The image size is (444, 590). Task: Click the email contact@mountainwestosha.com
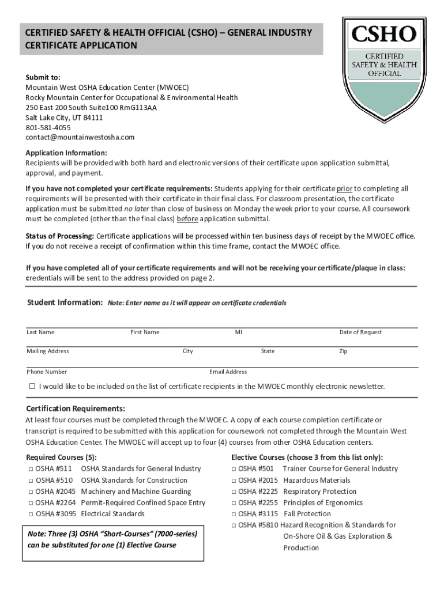click(x=80, y=137)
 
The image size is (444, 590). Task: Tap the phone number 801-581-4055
click(x=48, y=127)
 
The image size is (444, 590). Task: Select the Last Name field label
click(x=40, y=332)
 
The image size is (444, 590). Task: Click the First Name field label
click(x=145, y=332)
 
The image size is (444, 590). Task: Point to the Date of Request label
click(x=360, y=332)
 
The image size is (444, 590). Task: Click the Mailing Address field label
click(x=48, y=351)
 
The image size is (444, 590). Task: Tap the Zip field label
click(x=343, y=351)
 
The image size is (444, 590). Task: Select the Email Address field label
click(x=228, y=372)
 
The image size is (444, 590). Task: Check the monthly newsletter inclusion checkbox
click(x=32, y=386)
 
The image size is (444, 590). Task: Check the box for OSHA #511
click(x=30, y=469)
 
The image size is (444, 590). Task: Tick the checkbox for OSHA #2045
click(x=30, y=491)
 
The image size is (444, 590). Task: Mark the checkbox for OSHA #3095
click(x=30, y=514)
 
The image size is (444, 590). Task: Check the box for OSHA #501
click(x=234, y=469)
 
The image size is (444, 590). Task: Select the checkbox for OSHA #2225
click(x=234, y=491)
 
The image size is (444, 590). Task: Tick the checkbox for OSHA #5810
click(x=234, y=525)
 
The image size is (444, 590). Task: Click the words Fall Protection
click(x=307, y=514)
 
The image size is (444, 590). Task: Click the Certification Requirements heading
click(x=76, y=409)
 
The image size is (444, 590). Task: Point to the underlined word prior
click(x=345, y=188)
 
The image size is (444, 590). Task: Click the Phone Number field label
click(x=47, y=372)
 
